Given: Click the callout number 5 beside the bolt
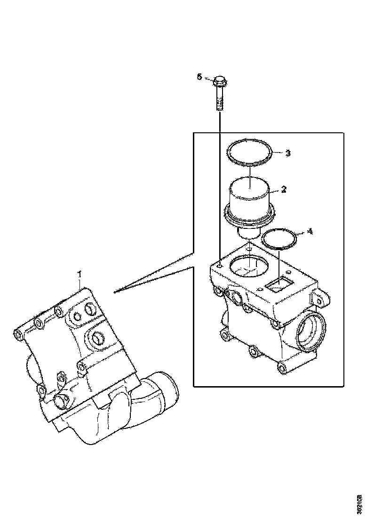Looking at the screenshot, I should (199, 77).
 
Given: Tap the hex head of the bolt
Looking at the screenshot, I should (219, 83).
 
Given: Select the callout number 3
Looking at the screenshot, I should (288, 153).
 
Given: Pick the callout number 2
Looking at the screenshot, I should (284, 189).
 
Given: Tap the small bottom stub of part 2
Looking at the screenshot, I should (248, 232).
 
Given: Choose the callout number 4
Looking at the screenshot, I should (309, 231).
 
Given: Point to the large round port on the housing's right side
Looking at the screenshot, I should (309, 332).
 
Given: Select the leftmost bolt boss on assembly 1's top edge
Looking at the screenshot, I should (18, 334).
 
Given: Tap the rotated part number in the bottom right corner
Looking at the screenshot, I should (360, 503).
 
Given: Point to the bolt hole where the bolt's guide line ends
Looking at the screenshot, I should (220, 259).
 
